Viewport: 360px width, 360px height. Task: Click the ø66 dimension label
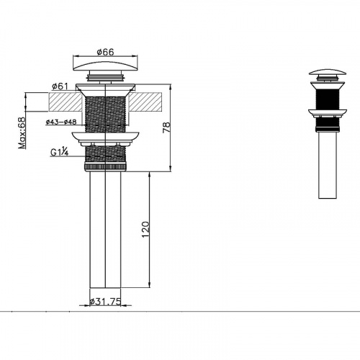coord(106,51)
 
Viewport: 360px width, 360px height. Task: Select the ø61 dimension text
coord(60,86)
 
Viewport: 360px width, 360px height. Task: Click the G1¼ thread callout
coord(60,151)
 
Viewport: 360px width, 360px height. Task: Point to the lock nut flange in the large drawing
coord(106,137)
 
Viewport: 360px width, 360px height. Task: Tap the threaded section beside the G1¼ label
coord(106,153)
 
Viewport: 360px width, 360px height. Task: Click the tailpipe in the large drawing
coord(106,230)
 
